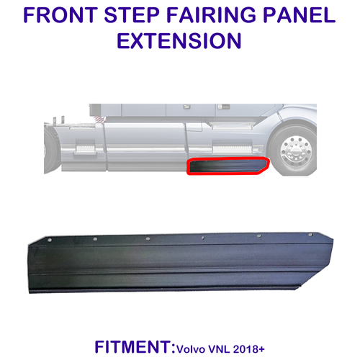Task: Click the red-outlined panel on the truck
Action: pyautogui.click(x=226, y=167)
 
